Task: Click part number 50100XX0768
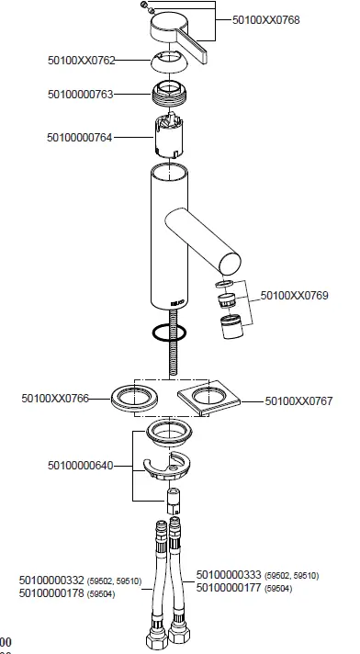[x=265, y=18]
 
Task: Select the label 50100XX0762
[x=82, y=60]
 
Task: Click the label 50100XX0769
[x=294, y=295]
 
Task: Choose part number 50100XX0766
[x=57, y=398]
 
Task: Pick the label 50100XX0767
[x=298, y=400]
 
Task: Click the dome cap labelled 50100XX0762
[x=171, y=62]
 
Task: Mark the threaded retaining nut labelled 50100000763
[x=169, y=93]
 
